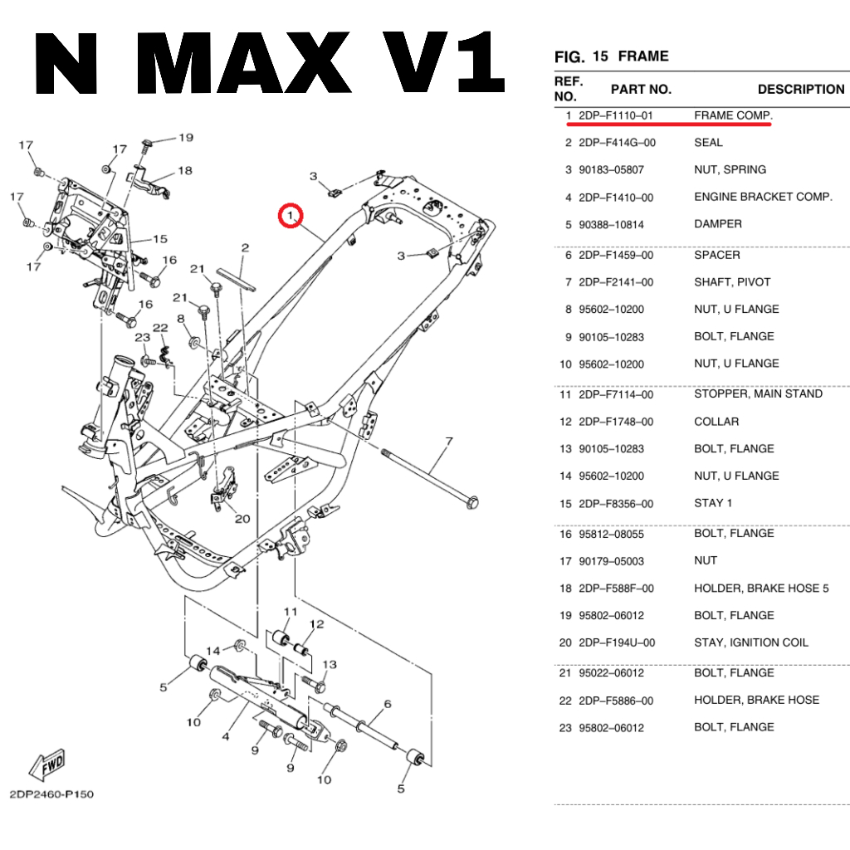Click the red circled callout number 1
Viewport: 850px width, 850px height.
pos(290,216)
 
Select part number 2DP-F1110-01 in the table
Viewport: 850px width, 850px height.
pos(617,115)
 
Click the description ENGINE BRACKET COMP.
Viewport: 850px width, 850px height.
pos(763,197)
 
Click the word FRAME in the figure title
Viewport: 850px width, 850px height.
pos(643,56)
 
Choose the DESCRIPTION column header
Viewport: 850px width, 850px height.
pos(800,89)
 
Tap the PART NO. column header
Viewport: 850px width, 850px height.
pos(641,89)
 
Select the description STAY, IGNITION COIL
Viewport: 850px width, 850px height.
pos(750,642)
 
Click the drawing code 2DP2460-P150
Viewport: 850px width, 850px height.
pos(51,794)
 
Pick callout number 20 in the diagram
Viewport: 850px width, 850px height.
pos(242,519)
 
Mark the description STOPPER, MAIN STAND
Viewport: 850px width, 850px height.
pos(758,393)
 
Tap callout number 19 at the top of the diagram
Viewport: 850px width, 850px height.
pos(185,138)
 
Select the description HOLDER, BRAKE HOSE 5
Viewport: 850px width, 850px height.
pos(761,589)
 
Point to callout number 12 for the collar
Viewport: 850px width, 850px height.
pos(316,624)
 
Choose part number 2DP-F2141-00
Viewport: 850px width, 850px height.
pos(616,282)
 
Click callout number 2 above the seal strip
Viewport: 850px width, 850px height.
pos(245,248)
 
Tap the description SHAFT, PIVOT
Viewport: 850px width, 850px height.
pos(732,282)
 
